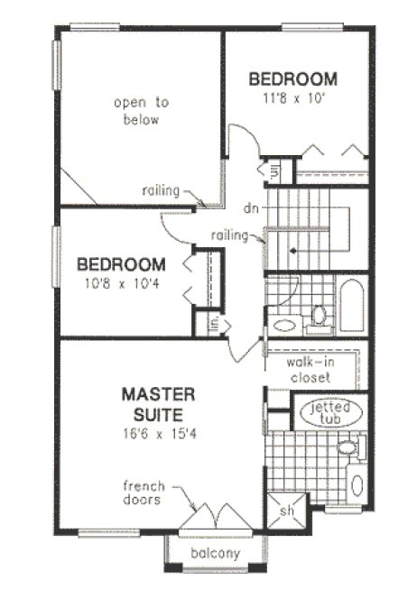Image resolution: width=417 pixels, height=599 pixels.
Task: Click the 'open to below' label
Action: (x=136, y=111)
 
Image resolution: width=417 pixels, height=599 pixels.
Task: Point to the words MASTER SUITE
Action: (x=158, y=405)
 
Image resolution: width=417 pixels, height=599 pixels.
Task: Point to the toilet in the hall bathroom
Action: (x=319, y=316)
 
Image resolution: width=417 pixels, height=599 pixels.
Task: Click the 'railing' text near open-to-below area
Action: (x=162, y=190)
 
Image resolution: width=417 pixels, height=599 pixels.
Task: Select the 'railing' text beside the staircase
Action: (x=230, y=235)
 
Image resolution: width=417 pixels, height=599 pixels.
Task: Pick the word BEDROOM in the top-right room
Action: (x=293, y=78)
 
